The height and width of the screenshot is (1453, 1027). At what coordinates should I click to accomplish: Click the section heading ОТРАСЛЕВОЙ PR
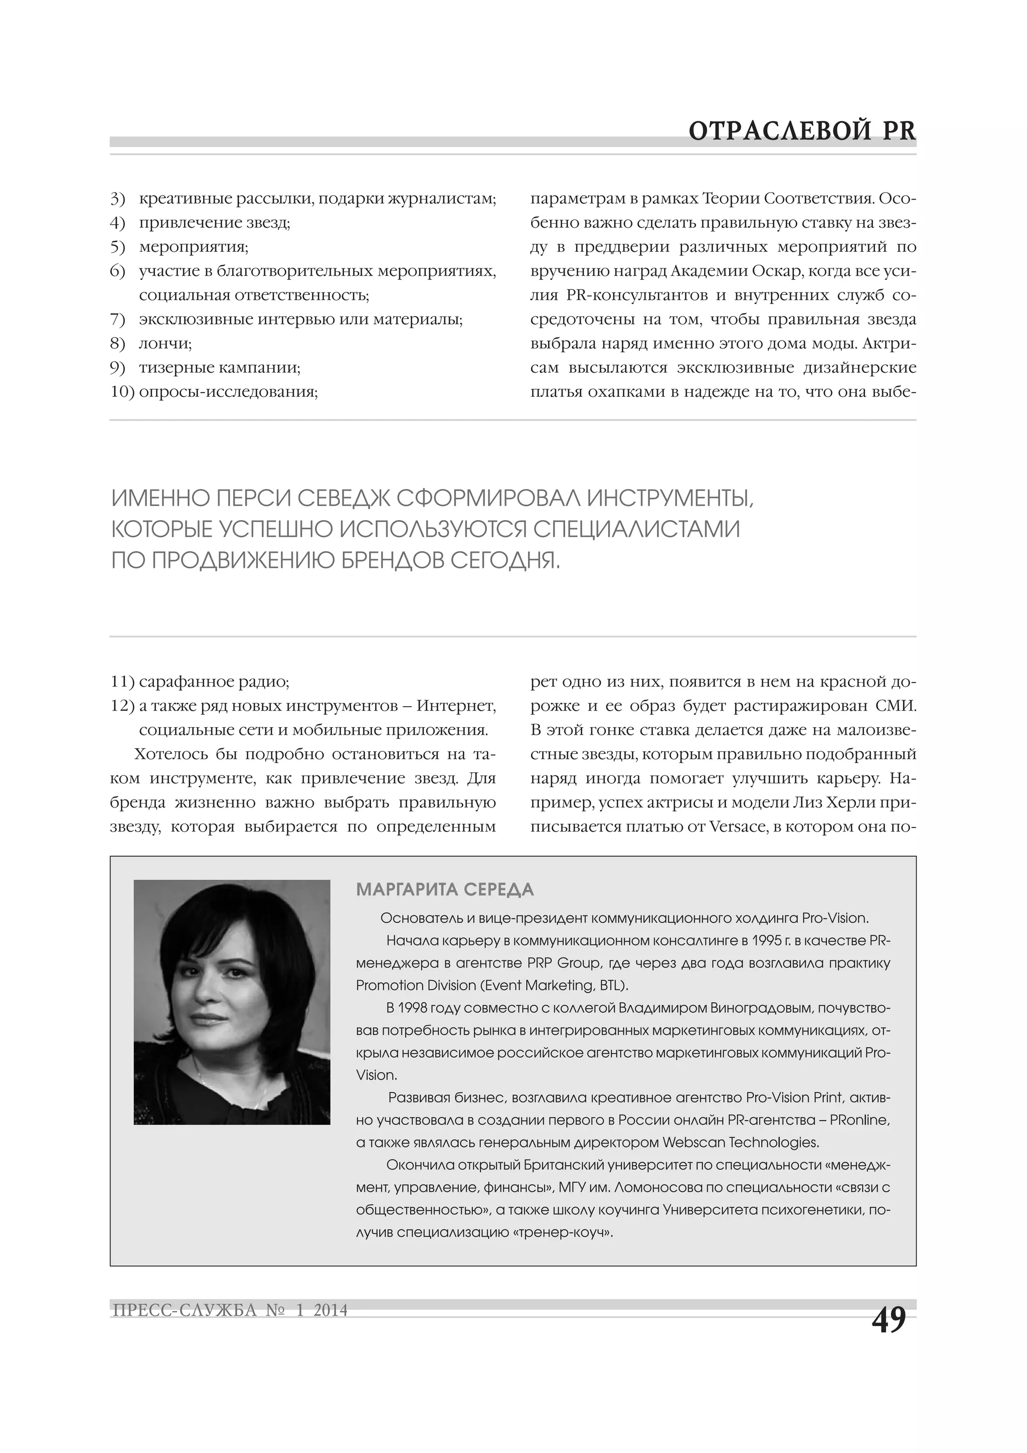point(802,131)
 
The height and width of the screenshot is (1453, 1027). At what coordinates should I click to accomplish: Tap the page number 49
point(889,1321)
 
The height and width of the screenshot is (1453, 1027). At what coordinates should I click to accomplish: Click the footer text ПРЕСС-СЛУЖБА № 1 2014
point(230,1310)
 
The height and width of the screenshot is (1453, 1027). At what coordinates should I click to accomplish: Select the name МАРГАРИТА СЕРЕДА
point(445,890)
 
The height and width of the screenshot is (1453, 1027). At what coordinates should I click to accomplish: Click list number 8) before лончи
point(118,344)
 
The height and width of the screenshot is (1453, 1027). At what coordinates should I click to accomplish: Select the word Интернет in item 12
point(456,706)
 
